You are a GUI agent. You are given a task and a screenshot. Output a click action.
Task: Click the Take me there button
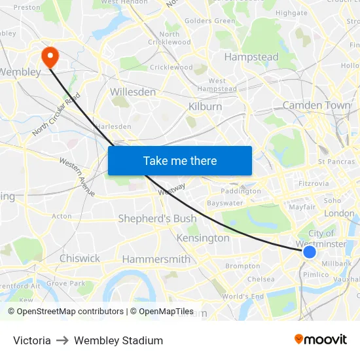click(x=180, y=161)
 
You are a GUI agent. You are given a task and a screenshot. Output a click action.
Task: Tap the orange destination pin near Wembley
click(x=50, y=57)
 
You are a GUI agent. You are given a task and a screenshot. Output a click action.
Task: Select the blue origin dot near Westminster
click(x=310, y=252)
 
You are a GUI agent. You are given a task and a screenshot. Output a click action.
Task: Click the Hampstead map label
click(x=251, y=57)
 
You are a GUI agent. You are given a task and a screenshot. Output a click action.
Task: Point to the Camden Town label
click(x=316, y=105)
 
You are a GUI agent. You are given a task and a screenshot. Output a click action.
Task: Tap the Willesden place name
click(x=133, y=92)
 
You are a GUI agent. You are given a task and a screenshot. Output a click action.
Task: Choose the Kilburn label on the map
click(x=205, y=107)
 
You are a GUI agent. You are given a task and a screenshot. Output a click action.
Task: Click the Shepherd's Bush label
click(x=157, y=219)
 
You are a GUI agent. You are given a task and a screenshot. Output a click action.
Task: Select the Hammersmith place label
click(x=156, y=259)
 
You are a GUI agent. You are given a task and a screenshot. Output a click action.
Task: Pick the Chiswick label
click(x=80, y=259)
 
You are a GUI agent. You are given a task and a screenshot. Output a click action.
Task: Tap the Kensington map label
click(x=203, y=238)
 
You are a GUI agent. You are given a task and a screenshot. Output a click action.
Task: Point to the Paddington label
click(x=241, y=191)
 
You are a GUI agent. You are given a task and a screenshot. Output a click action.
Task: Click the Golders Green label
click(x=209, y=21)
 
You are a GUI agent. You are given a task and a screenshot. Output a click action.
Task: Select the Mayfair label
click(x=302, y=207)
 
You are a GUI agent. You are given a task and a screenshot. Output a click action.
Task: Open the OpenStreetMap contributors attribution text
click(x=70, y=312)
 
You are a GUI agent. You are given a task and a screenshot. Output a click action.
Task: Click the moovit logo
click(x=321, y=340)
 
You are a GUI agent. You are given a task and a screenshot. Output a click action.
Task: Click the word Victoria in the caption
click(x=32, y=340)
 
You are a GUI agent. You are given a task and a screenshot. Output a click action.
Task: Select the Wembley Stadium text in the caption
click(x=118, y=340)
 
